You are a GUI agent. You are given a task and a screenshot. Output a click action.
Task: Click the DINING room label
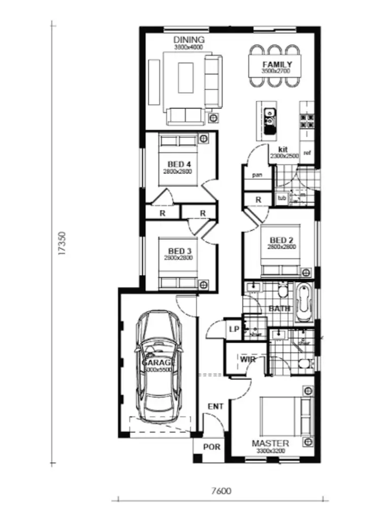pos(188,40)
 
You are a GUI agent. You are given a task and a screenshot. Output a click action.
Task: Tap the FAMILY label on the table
pos(277,64)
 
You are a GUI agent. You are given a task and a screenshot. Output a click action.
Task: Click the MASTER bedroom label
pos(271,443)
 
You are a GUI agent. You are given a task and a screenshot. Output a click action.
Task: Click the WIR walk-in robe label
pos(247,360)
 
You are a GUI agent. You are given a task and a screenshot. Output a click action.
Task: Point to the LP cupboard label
pos(234,329)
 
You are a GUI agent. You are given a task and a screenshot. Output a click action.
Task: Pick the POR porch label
pos(211,447)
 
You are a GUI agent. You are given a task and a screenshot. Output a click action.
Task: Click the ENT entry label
pos(215,407)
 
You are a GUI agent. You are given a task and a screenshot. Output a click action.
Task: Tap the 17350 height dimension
pos(62,243)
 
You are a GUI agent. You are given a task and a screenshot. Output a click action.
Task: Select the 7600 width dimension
pos(221,491)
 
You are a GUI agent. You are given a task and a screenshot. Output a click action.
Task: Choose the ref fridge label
pos(307,153)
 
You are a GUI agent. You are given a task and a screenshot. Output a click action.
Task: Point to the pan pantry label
pos(258,175)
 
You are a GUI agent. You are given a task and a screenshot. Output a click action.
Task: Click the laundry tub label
pos(281,197)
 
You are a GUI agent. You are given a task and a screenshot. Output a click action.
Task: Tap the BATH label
pos(279,308)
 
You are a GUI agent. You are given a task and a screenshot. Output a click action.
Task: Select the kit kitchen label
pos(283,149)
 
